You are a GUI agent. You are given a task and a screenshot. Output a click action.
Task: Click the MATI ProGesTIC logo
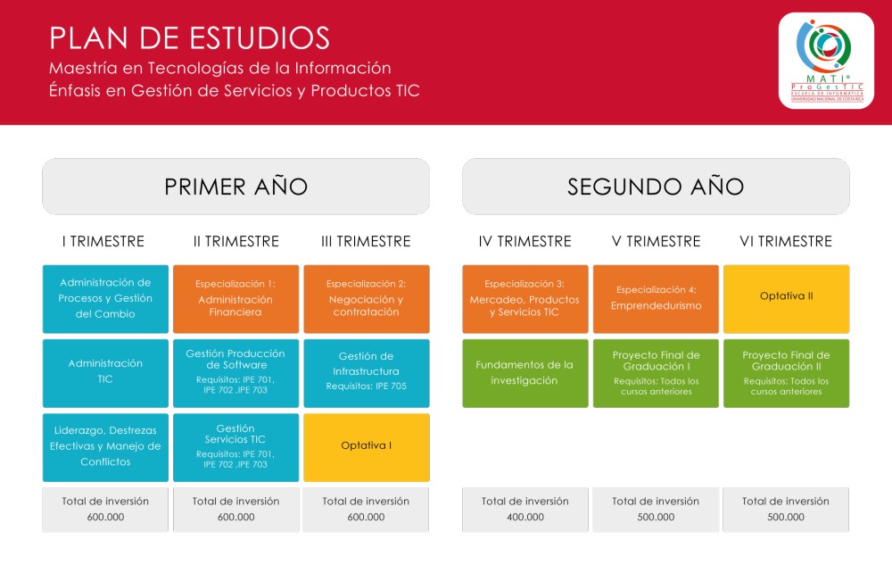(826, 61)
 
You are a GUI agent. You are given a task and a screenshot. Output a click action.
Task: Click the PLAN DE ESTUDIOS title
(189, 38)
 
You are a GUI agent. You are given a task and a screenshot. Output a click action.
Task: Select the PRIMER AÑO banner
(236, 187)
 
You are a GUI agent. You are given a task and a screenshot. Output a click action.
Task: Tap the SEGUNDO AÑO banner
(656, 187)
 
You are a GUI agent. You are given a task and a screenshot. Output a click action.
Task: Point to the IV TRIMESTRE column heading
(525, 241)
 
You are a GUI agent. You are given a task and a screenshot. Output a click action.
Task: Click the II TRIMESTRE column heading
(236, 241)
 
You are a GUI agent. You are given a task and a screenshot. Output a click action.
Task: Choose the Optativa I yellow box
(367, 448)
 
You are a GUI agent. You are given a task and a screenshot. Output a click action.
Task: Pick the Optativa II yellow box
(786, 299)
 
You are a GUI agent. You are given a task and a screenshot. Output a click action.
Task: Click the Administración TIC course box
(105, 373)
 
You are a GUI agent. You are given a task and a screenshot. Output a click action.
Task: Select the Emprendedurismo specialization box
(656, 299)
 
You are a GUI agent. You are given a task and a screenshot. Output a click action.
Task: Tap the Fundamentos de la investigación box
(525, 373)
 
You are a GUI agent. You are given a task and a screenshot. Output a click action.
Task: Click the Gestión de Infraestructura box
(367, 373)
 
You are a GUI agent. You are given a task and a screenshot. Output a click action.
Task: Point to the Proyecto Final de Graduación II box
(786, 373)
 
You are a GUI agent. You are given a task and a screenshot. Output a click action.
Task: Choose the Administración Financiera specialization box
(236, 299)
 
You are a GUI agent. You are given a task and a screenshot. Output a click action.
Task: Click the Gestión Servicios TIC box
(236, 448)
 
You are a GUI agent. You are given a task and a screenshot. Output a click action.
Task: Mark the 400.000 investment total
(525, 517)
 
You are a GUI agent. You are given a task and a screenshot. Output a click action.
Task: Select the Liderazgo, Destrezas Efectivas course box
(105, 448)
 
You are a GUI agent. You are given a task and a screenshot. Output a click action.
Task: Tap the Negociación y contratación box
(367, 299)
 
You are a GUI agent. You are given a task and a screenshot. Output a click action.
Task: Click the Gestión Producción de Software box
(236, 373)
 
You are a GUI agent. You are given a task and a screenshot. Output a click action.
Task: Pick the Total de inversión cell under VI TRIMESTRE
(786, 510)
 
